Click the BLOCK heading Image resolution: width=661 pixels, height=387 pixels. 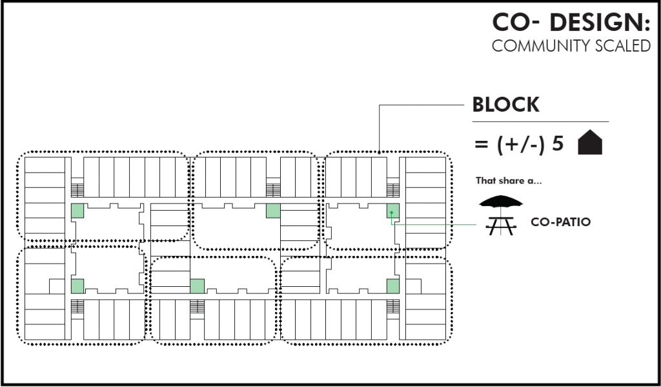pos(505,105)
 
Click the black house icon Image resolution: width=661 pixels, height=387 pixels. pos(590,143)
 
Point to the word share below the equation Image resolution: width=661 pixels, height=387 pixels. pos(509,181)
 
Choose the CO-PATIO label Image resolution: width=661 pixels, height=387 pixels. pos(560,222)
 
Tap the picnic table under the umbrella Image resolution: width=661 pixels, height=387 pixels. pos(500,224)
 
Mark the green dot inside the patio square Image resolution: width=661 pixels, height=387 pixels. pos(391,213)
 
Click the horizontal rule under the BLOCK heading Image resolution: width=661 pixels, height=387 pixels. pos(540,121)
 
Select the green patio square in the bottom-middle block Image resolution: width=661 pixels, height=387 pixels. pos(197,286)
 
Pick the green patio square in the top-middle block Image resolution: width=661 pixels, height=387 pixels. pos(272,211)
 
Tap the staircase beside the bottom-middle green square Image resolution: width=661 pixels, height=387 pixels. pos(197,306)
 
